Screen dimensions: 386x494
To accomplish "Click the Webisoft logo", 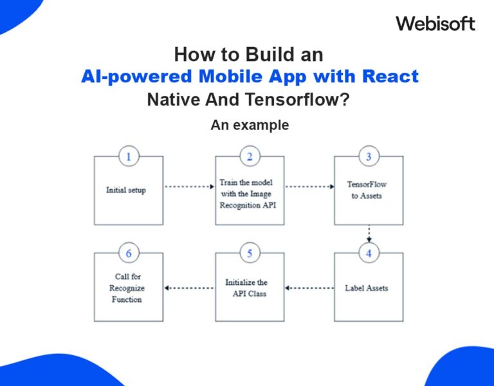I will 435,24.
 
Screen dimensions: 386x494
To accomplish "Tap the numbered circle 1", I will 129,156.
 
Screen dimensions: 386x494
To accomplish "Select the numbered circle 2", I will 249,156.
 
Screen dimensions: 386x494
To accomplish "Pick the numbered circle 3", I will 369,156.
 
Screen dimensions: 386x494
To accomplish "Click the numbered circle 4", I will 369,253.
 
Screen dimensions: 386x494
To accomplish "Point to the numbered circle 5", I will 249,253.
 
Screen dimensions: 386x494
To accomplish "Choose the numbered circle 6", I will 129,253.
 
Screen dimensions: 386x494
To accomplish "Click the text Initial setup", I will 126,190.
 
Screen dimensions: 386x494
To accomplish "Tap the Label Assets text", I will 367,288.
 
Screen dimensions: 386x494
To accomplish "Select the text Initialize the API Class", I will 246,288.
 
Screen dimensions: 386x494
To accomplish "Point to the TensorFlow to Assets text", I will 367,190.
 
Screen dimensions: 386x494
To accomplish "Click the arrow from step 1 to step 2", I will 189,187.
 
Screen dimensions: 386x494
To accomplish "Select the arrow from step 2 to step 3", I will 309,187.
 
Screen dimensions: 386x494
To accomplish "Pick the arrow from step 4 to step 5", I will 309,288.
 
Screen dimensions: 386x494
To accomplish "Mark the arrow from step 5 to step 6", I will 189,288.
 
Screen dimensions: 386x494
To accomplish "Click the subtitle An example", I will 250,125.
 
